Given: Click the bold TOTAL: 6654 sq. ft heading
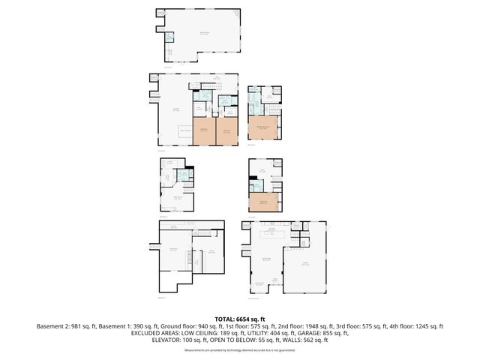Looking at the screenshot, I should tap(239, 319).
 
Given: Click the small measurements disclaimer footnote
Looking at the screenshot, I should tap(239, 350).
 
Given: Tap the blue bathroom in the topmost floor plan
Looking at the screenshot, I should tap(169, 37).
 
